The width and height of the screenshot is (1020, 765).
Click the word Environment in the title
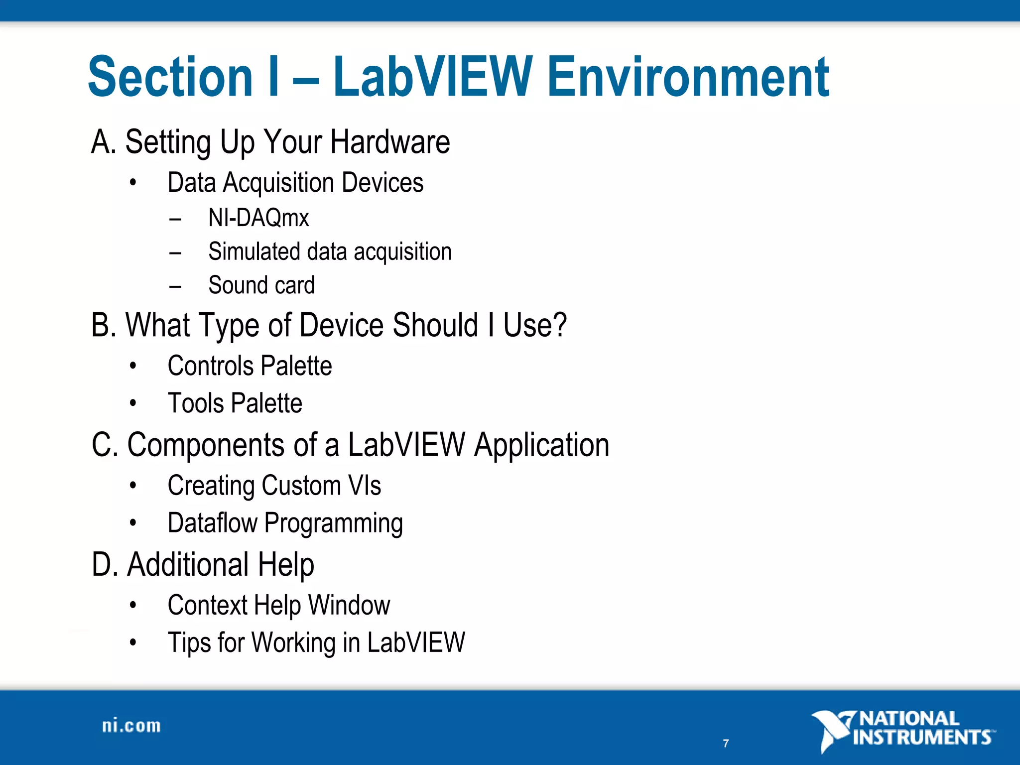[688, 77]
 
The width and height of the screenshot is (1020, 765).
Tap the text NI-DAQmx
[258, 218]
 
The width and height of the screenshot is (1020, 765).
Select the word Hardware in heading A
[390, 142]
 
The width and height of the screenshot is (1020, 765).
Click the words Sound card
[261, 285]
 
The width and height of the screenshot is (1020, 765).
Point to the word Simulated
[254, 252]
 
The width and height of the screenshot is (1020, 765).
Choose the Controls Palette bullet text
[250, 366]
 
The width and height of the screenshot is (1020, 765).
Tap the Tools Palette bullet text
[235, 403]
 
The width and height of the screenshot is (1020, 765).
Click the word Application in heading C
[541, 445]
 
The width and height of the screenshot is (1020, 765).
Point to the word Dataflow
[213, 523]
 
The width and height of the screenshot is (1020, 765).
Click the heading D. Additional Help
[203, 565]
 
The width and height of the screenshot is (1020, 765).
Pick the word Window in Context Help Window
[349, 605]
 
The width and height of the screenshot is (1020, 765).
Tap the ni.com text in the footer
[131, 726]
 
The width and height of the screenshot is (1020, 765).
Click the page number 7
[726, 744]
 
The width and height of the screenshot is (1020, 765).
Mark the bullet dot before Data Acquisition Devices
[132, 183]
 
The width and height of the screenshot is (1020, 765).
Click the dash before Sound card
[175, 286]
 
